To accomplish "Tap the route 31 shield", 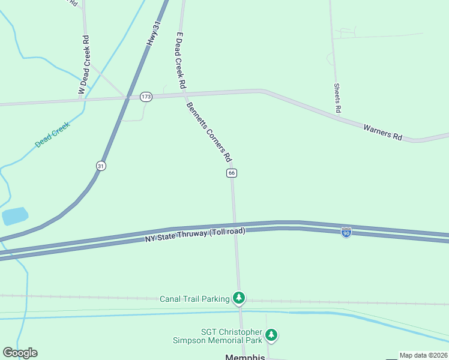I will [x=101, y=166].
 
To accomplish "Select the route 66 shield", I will [x=232, y=173].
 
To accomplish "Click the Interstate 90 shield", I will [x=346, y=232].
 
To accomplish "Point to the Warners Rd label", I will [x=382, y=131].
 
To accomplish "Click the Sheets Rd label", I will [x=337, y=98].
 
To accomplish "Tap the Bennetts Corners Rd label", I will [x=209, y=132].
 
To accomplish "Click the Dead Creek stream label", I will [x=52, y=135].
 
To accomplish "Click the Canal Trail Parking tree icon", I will [x=240, y=297].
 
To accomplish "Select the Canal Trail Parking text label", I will [x=194, y=299].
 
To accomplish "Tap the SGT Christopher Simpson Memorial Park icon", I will [x=272, y=335].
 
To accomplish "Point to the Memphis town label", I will [x=245, y=357].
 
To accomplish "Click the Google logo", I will [x=20, y=353].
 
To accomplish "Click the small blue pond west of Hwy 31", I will [x=15, y=215].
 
